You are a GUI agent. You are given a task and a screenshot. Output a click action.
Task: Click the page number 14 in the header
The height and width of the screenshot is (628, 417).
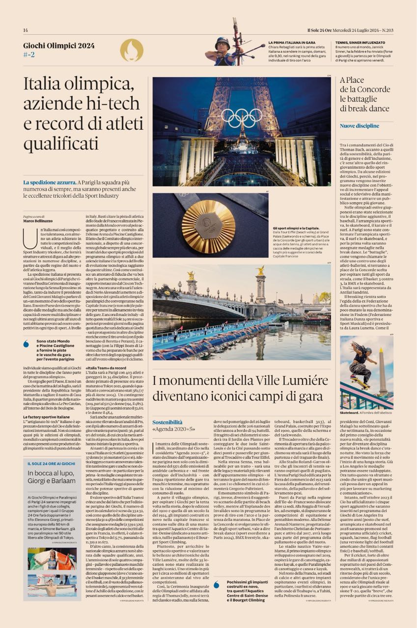pos(26,30)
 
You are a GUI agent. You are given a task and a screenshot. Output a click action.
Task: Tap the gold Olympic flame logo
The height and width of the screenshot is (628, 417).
pos(132,50)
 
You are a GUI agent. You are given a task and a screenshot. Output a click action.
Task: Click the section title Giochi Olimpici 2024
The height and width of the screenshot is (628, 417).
pos(59,46)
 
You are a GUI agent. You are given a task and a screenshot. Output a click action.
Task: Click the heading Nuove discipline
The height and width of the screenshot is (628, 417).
pos(360,126)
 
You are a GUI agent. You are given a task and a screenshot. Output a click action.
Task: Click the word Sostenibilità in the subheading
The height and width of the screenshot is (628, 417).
pos(167,422)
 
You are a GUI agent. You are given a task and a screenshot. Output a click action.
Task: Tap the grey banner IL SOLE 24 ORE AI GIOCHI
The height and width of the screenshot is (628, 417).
pos(52,463)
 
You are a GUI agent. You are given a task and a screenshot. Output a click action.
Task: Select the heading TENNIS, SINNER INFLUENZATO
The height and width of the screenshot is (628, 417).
pos(367,43)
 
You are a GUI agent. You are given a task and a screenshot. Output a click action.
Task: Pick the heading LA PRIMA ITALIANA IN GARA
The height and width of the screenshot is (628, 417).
pos(292,43)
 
